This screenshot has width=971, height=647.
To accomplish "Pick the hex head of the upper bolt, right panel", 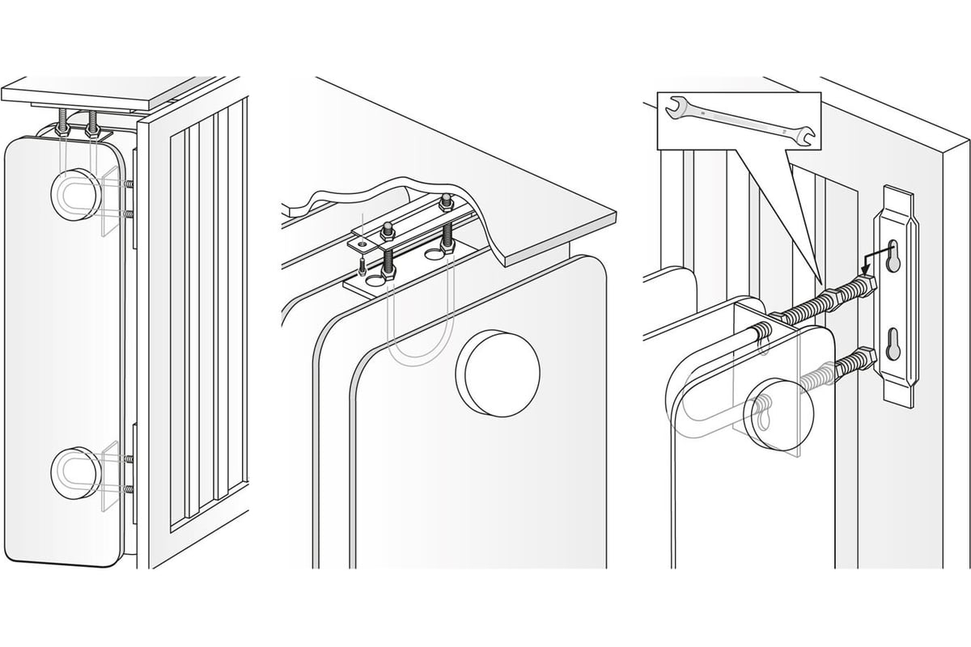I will tap(867, 285).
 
